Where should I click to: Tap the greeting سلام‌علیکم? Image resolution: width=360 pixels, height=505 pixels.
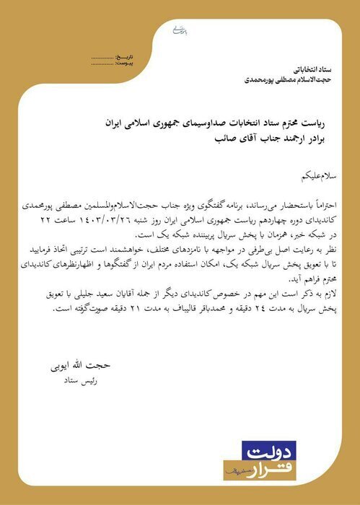294,176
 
